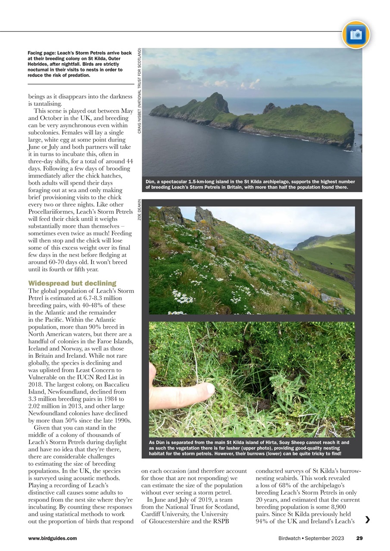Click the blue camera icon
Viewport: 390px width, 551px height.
[x=356, y=34]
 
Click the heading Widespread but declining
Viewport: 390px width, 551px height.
[x=72, y=283]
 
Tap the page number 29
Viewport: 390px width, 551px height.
[x=359, y=538]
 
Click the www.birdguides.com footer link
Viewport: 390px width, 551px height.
[x=52, y=538]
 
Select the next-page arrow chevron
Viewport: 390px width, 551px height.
[x=367, y=520]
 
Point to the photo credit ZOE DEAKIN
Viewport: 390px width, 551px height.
[x=140, y=210]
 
